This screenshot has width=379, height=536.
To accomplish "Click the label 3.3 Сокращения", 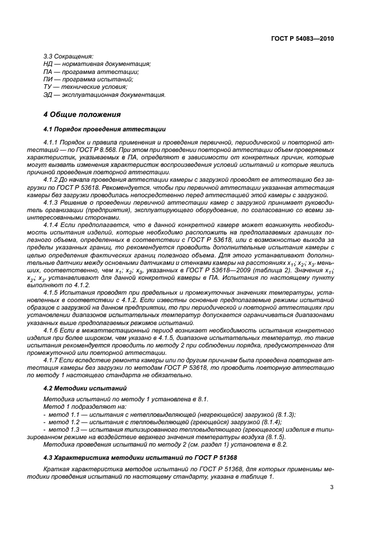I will (68, 56).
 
